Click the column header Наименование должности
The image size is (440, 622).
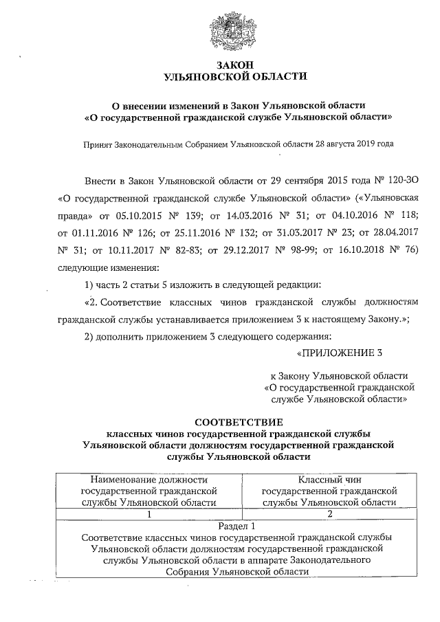(x=148, y=480)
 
